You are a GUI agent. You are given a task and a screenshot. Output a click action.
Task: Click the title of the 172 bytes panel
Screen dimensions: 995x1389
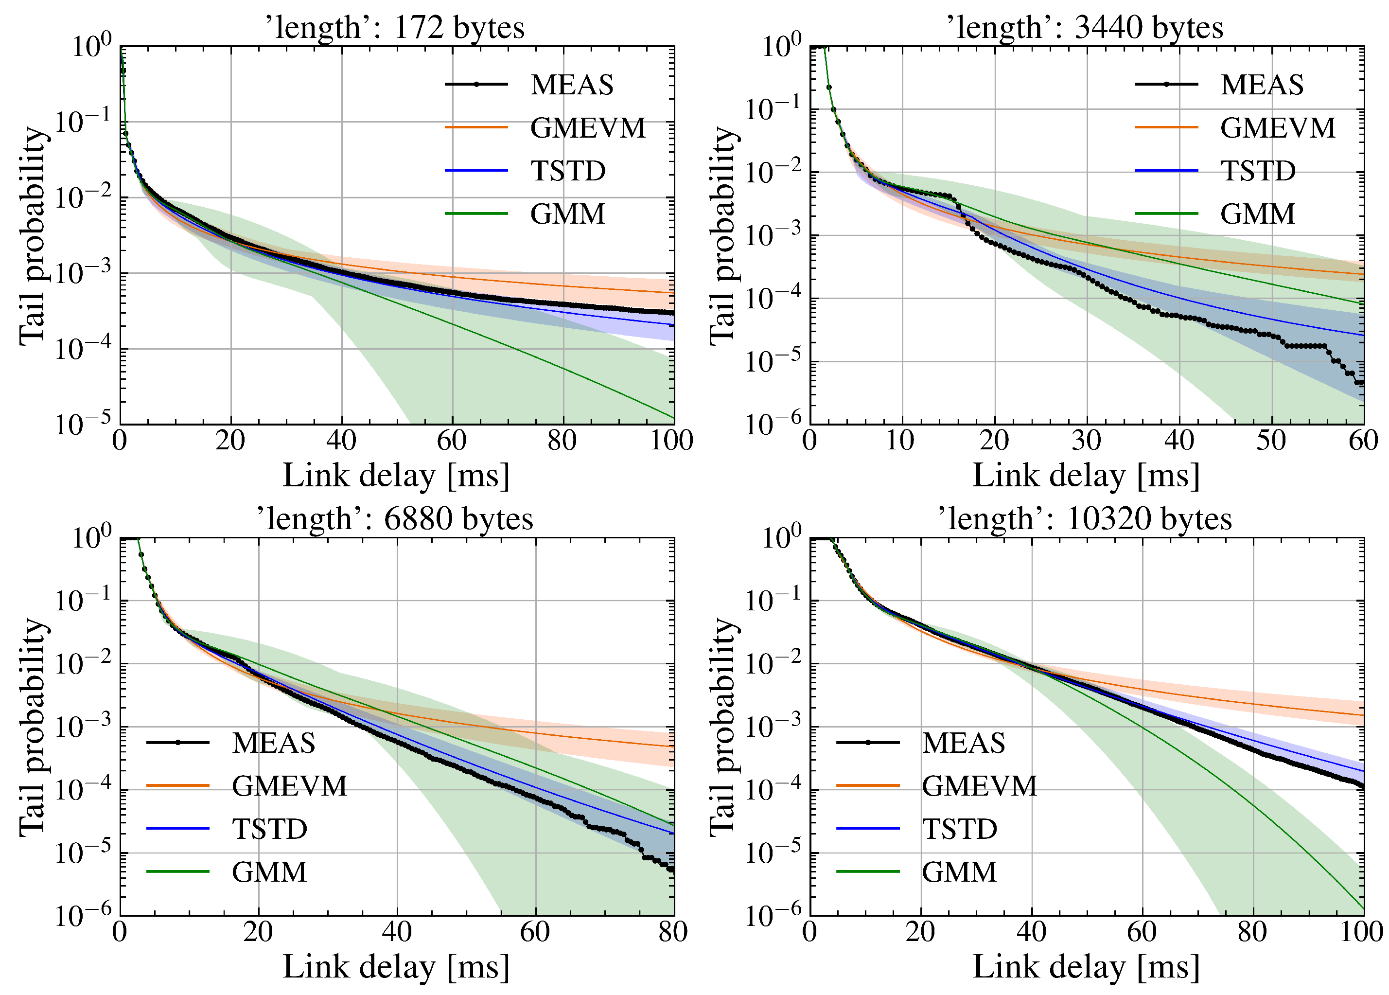pos(395,28)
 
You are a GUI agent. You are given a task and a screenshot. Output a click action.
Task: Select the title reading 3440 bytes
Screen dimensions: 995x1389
pos(1085,28)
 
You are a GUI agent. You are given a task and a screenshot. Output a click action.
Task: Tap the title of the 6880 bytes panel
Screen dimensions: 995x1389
pos(395,519)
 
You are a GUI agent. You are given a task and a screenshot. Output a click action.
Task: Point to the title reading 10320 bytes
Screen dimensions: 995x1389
pos(1085,519)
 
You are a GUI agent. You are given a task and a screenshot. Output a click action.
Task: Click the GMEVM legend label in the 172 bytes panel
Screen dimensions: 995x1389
pos(587,128)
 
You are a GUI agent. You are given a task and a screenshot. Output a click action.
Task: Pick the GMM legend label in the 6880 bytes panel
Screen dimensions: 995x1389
pos(269,872)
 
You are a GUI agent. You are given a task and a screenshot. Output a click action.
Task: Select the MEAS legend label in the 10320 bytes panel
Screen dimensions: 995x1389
pos(964,743)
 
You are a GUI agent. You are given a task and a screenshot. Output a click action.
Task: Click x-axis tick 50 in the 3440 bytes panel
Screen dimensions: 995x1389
pos(1271,441)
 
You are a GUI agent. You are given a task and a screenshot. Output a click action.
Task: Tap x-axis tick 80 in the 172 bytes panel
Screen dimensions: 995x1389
pos(562,441)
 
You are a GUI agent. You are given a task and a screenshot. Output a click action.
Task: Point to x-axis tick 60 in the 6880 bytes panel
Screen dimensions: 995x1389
pos(535,932)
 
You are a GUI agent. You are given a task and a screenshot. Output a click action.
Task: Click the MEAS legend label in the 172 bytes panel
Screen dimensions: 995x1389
pos(571,85)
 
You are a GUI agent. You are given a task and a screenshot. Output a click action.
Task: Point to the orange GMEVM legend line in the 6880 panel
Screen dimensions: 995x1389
pos(177,785)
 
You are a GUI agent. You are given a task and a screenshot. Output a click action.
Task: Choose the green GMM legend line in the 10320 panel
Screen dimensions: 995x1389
pos(867,872)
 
